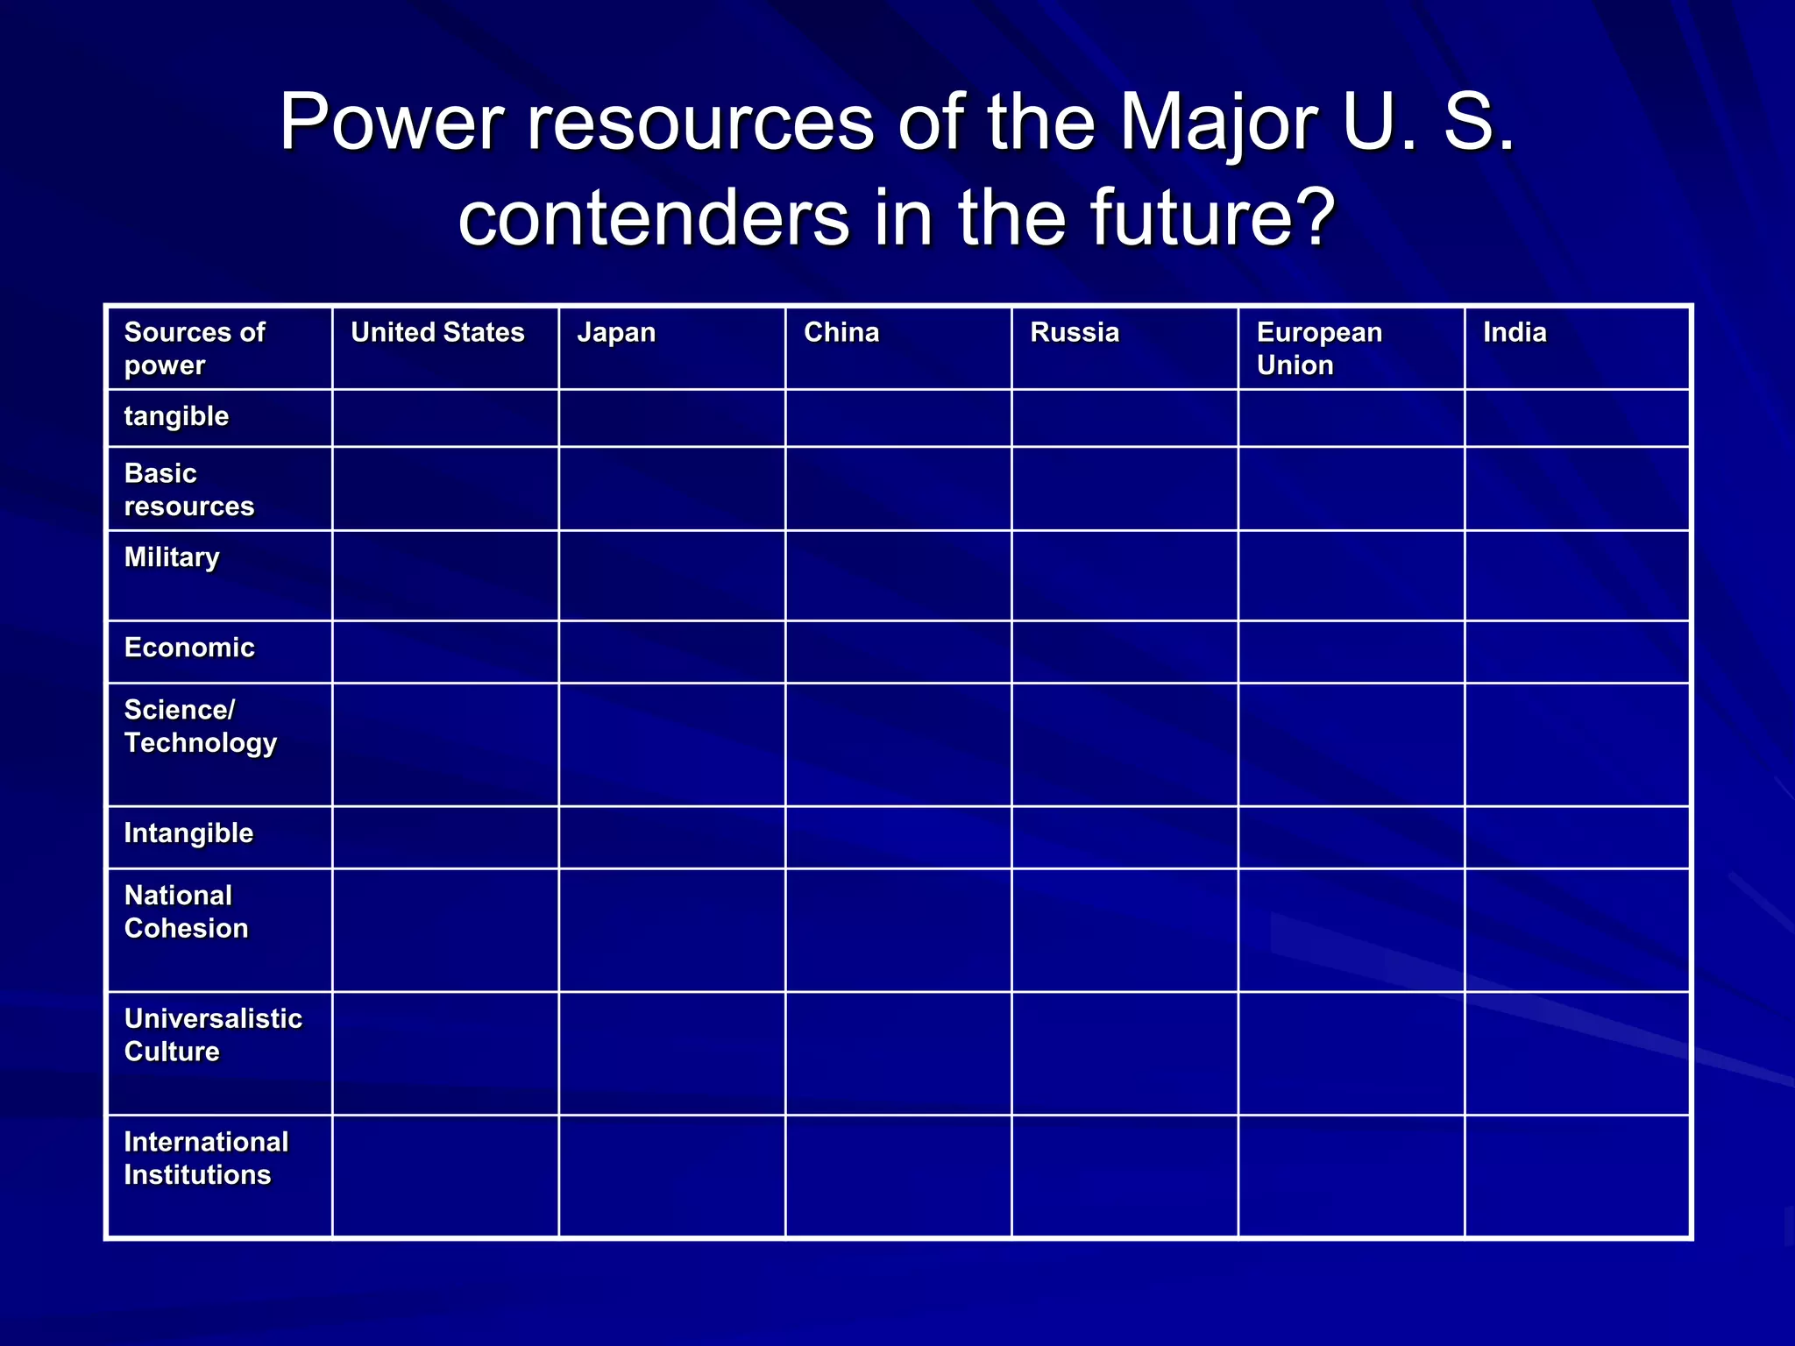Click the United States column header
click(x=437, y=332)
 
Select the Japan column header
click(x=616, y=332)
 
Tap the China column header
click(x=841, y=332)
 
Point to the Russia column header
click(x=1075, y=332)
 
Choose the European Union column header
click(x=1319, y=348)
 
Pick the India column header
click(x=1515, y=332)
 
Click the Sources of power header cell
click(x=195, y=348)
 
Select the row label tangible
click(x=176, y=416)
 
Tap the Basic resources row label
click(x=188, y=489)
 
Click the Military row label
click(x=172, y=557)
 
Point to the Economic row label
click(x=189, y=648)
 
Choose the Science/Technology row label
click(x=200, y=726)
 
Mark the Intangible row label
click(x=188, y=832)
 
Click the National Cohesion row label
click(x=186, y=911)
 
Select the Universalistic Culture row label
click(x=213, y=1034)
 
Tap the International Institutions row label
click(x=206, y=1158)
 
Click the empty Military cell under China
click(x=898, y=576)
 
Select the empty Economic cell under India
click(x=1577, y=652)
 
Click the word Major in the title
click(x=1218, y=123)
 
